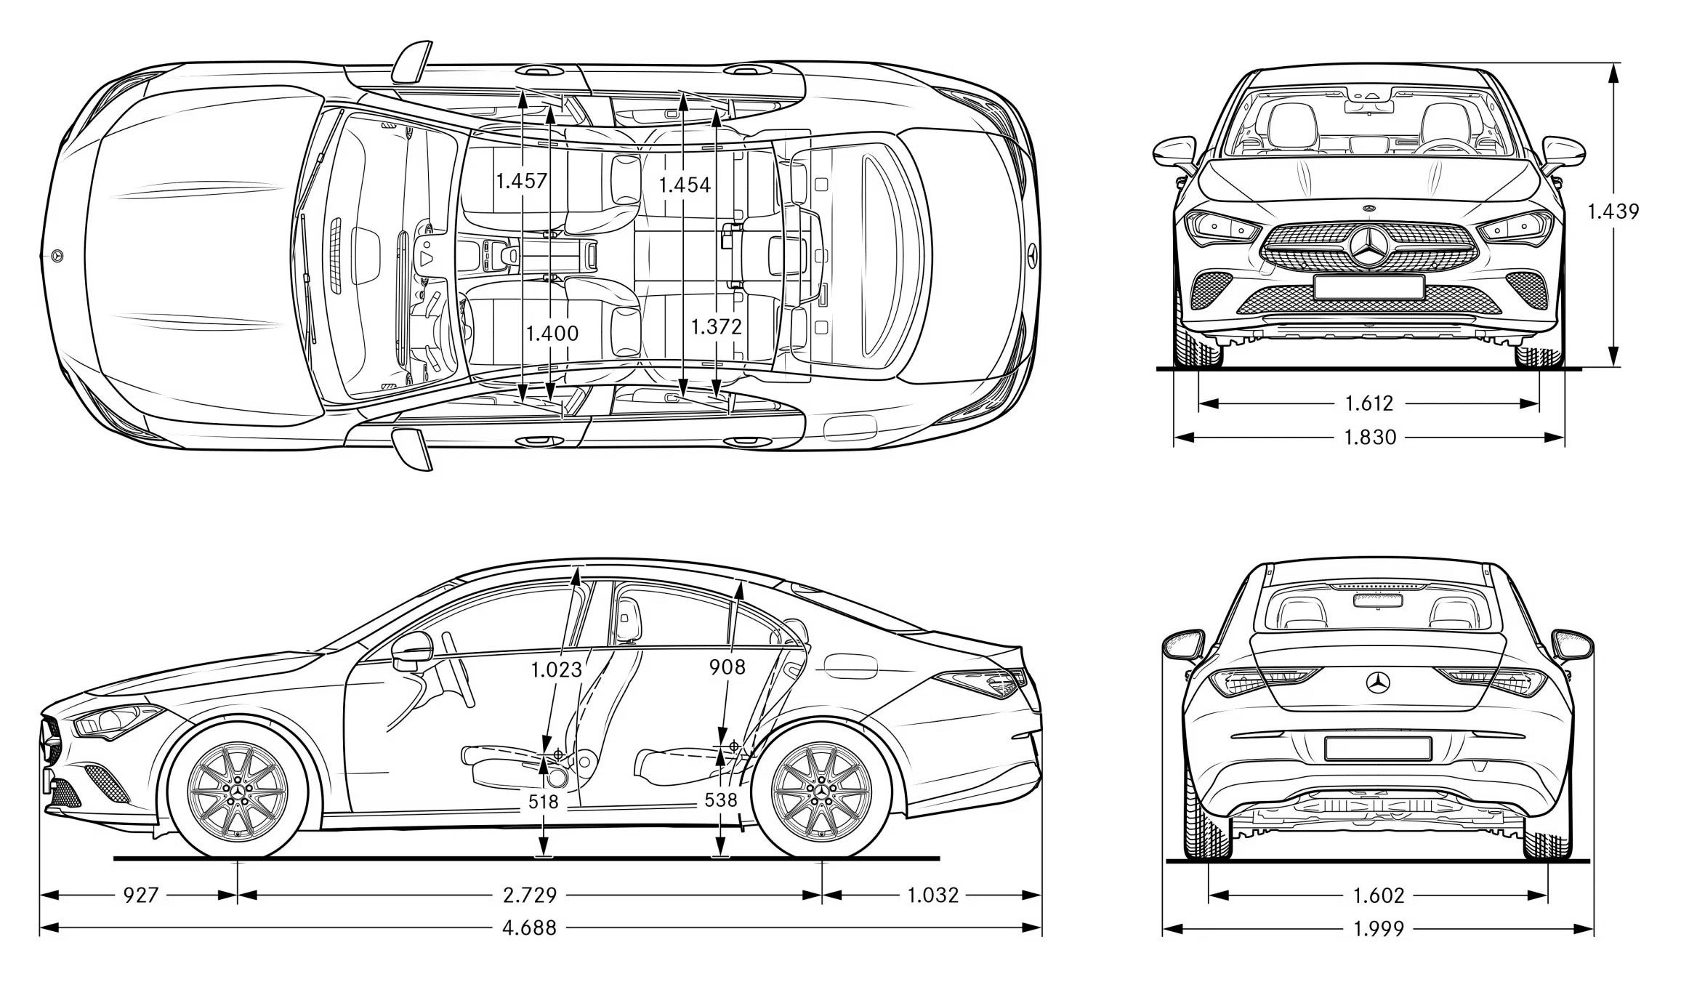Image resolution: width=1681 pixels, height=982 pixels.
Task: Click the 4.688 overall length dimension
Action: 529,928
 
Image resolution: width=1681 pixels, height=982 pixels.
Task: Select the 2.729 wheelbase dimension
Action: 530,895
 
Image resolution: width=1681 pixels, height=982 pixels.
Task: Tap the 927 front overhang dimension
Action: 140,895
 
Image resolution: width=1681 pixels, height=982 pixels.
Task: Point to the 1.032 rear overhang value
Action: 932,895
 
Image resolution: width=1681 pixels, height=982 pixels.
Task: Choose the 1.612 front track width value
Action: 1368,403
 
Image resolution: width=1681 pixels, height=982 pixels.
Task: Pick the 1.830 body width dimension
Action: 1369,437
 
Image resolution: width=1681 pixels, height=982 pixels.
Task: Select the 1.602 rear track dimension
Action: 1379,895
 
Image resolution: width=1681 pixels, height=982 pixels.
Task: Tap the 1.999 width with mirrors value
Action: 1379,928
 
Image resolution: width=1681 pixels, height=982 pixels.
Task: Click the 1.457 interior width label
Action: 521,181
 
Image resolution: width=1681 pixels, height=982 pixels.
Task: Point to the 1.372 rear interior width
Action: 716,326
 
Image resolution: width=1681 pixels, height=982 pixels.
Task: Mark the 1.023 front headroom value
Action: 556,669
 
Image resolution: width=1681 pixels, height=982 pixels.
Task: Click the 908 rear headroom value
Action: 727,667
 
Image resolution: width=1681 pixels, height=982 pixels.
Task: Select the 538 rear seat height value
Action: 721,800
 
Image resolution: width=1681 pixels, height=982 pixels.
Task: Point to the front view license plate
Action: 1368,286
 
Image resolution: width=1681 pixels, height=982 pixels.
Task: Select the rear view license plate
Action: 1377,748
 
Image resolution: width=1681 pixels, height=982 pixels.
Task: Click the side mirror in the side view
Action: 411,651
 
